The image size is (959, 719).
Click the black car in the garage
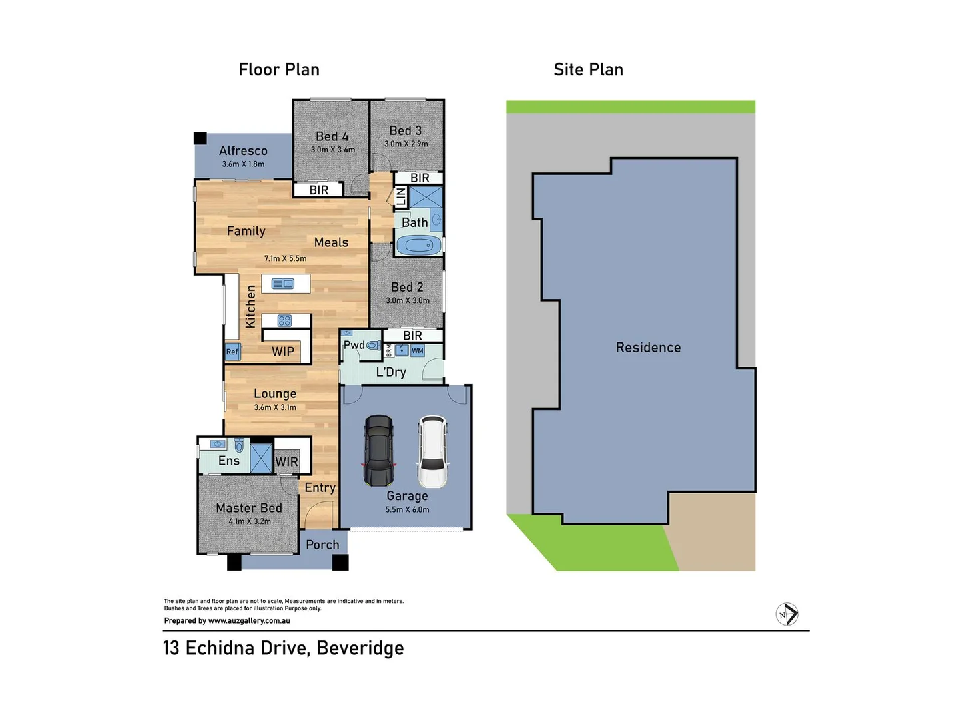click(378, 451)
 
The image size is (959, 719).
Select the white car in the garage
click(433, 452)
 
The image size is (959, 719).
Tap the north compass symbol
click(787, 614)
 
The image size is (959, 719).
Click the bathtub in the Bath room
click(419, 246)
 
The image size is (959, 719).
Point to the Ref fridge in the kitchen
click(232, 352)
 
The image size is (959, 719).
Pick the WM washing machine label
click(417, 351)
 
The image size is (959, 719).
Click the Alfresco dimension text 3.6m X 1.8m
click(243, 164)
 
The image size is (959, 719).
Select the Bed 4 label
click(332, 136)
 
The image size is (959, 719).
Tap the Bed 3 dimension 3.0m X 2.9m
click(406, 144)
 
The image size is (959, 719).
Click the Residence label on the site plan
click(648, 348)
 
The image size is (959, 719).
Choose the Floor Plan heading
click(279, 70)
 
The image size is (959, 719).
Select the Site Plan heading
click(588, 70)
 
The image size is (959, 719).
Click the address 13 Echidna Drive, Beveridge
click(283, 648)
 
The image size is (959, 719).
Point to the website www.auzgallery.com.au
click(249, 621)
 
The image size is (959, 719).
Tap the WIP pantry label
click(283, 352)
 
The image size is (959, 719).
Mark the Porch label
click(322, 545)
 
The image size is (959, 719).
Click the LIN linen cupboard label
click(401, 197)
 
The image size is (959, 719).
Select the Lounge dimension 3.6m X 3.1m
click(275, 407)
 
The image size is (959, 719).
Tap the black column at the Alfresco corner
click(200, 138)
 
